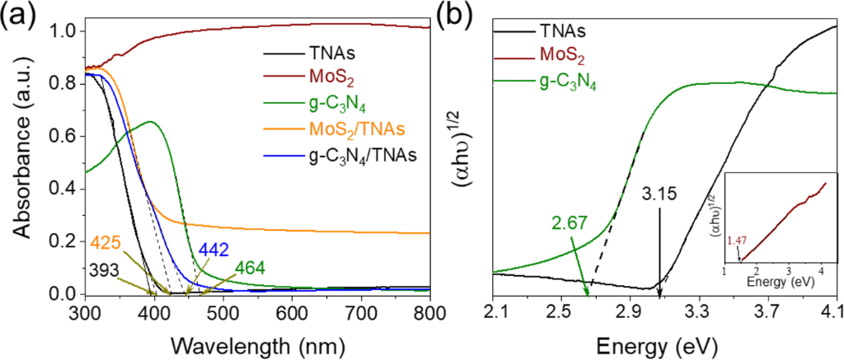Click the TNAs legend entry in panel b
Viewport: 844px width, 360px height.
(x=562, y=32)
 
